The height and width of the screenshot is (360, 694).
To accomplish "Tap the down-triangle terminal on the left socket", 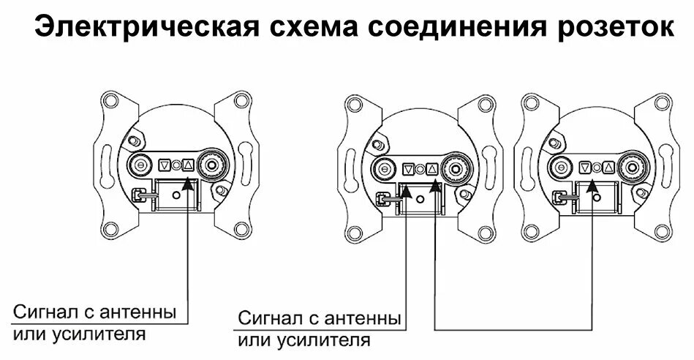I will coord(165,165).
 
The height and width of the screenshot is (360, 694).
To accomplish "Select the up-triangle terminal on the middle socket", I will coord(432,168).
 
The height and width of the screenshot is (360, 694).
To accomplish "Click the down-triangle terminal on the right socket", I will coord(585,168).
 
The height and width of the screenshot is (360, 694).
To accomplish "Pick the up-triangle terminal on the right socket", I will coord(607,168).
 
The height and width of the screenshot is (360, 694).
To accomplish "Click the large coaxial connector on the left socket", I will coord(212,164).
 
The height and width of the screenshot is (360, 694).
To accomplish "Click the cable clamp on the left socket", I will coord(138,197).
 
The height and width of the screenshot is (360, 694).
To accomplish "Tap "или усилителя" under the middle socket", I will coord(304,340).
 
